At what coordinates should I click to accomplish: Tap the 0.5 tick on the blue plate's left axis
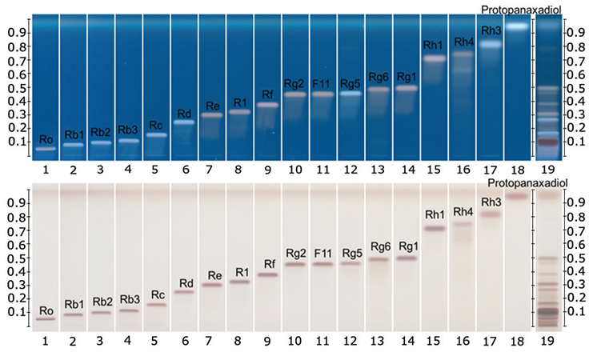pos(18,86)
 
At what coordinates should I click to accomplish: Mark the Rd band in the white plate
pos(185,292)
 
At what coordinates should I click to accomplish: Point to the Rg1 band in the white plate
pos(407,258)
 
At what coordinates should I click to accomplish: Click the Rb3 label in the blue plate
pos(129,130)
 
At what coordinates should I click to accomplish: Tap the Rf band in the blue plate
pos(268,105)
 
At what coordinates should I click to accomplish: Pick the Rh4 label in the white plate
pos(463,212)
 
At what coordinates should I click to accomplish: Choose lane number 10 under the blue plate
pos(295,169)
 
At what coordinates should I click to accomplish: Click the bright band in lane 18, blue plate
pos(518,26)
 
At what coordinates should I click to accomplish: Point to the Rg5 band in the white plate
pos(351,263)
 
